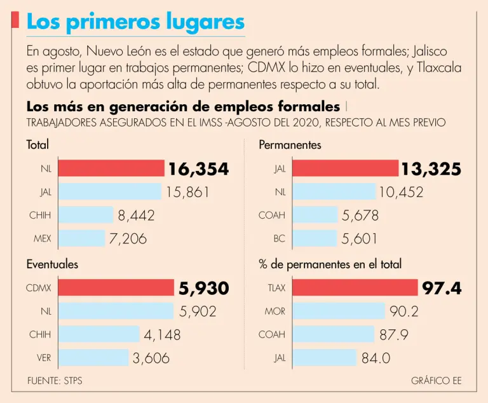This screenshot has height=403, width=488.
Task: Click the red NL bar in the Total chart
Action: coord(111,168)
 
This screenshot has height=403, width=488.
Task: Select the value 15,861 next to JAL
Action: coord(187,192)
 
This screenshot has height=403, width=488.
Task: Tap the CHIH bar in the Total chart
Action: coord(85,215)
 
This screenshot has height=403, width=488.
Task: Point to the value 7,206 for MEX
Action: coord(128,239)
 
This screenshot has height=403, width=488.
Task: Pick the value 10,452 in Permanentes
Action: coord(401,192)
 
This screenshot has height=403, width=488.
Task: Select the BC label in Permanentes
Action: coord(279,239)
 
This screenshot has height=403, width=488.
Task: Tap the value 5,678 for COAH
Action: coord(360,215)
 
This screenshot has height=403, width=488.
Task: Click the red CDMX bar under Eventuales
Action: coord(115,288)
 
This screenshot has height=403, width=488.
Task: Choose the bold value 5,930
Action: coord(203,288)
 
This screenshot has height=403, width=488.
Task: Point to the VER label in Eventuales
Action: coord(44,358)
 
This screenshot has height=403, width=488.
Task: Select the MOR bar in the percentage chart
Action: coord(338,311)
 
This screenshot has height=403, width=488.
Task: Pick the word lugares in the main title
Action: coord(201,22)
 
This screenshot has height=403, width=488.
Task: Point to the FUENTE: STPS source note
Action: coord(55,381)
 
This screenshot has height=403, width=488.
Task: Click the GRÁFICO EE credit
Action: coord(436,381)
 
